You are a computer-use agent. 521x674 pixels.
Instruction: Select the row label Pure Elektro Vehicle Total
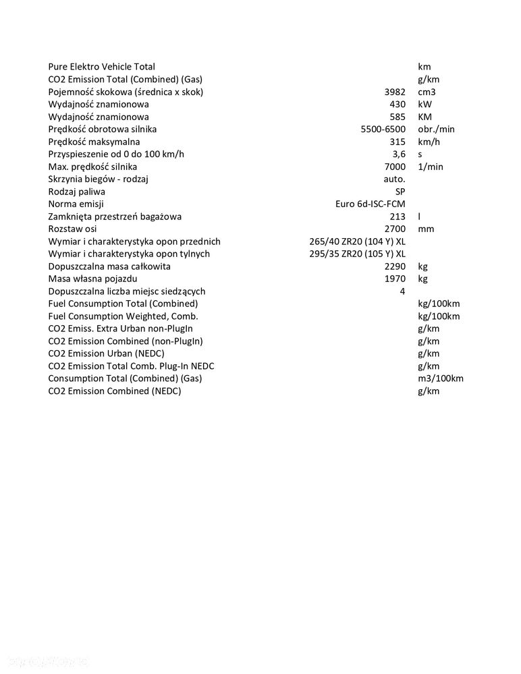101,67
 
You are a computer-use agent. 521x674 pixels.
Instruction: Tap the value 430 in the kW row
397,105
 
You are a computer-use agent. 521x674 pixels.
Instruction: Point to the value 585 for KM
397,117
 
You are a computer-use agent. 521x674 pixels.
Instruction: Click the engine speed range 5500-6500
383,130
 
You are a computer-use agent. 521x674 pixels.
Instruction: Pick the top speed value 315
397,142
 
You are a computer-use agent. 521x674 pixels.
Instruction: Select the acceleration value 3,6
399,155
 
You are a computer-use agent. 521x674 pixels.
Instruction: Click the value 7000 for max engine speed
394,167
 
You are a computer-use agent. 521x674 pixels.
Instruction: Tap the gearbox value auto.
394,179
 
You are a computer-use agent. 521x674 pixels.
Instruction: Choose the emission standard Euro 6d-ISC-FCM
371,204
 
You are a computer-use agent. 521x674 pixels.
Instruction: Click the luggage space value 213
397,217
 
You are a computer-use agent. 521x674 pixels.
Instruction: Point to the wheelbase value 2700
394,229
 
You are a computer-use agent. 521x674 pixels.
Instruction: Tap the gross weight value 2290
394,266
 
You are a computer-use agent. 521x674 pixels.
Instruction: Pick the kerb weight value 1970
394,279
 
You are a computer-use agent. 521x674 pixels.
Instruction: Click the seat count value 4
402,291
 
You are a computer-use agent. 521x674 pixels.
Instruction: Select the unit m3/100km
441,378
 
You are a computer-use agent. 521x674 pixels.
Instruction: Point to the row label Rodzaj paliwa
76,192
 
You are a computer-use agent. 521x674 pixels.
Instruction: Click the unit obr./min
437,130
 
